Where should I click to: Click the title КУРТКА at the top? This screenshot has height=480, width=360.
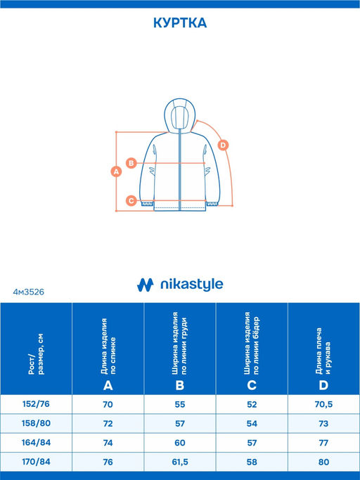[180, 23]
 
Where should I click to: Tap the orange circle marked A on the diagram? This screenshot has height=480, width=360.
[116, 171]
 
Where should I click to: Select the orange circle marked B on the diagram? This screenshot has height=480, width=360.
[131, 163]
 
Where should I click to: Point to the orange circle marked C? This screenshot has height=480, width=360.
[131, 201]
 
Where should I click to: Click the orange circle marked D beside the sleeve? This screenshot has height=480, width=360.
[223, 145]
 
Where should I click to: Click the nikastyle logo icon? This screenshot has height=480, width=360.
[146, 285]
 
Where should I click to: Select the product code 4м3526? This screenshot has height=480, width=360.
[29, 292]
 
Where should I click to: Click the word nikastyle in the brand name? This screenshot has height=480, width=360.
[192, 285]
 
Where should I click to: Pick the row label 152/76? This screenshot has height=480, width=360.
[36, 404]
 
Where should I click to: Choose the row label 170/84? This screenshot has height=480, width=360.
[36, 462]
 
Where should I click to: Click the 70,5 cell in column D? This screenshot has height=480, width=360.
[323, 404]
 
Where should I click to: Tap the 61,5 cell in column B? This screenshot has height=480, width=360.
[180, 462]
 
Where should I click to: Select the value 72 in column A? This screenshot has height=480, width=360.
[108, 424]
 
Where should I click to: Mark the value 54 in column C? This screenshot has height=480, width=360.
[252, 424]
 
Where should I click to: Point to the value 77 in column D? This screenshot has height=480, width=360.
[323, 443]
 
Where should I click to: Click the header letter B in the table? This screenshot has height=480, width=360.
[180, 385]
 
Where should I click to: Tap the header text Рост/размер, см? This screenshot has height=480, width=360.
[36, 354]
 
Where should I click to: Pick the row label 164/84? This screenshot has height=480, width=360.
[36, 442]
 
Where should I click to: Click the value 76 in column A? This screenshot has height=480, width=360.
[108, 462]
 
